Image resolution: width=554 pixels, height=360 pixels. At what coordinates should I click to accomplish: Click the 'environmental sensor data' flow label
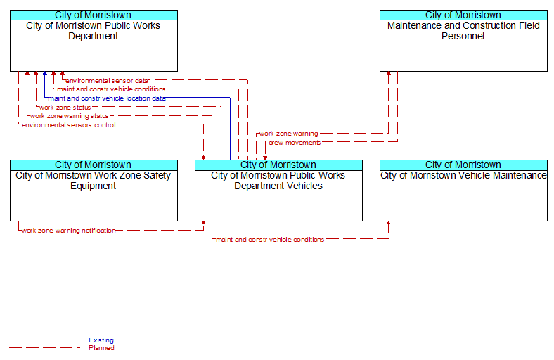point(107,81)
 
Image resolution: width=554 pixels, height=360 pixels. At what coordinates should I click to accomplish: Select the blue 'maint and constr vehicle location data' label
point(107,98)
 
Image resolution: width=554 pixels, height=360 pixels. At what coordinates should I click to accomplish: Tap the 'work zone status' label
point(65,108)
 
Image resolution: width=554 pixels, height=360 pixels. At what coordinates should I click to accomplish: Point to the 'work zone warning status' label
point(69,116)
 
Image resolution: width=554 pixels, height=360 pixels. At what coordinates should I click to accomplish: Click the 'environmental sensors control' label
point(68,125)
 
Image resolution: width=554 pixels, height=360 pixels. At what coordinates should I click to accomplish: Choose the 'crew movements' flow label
point(295,143)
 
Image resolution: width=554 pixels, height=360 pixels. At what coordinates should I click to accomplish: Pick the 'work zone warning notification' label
point(68,231)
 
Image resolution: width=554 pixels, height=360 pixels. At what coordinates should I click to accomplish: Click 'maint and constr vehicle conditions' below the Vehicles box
point(270,240)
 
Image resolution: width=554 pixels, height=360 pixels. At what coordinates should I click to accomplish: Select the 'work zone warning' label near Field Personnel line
point(289,134)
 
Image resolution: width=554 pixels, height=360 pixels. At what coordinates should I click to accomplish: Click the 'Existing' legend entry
point(101,340)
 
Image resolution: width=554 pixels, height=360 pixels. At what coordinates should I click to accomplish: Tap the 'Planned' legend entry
point(101,348)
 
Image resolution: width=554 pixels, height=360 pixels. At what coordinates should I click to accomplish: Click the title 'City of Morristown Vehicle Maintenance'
point(463,176)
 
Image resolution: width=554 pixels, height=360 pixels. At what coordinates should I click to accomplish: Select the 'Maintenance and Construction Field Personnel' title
point(463,31)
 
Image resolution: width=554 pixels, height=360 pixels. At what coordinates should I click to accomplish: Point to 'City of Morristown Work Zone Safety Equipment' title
point(94,181)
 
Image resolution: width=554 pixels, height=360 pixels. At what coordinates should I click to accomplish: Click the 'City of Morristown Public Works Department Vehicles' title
point(278,181)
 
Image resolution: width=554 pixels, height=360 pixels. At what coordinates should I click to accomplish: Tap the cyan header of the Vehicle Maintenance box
point(463,165)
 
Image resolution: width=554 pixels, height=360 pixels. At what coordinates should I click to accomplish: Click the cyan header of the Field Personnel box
point(463,15)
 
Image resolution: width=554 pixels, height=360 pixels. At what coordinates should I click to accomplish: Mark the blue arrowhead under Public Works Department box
point(45,74)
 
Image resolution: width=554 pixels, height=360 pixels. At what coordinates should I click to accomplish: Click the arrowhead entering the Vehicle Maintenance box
point(389,224)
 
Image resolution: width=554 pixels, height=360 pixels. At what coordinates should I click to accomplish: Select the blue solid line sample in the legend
point(45,340)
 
